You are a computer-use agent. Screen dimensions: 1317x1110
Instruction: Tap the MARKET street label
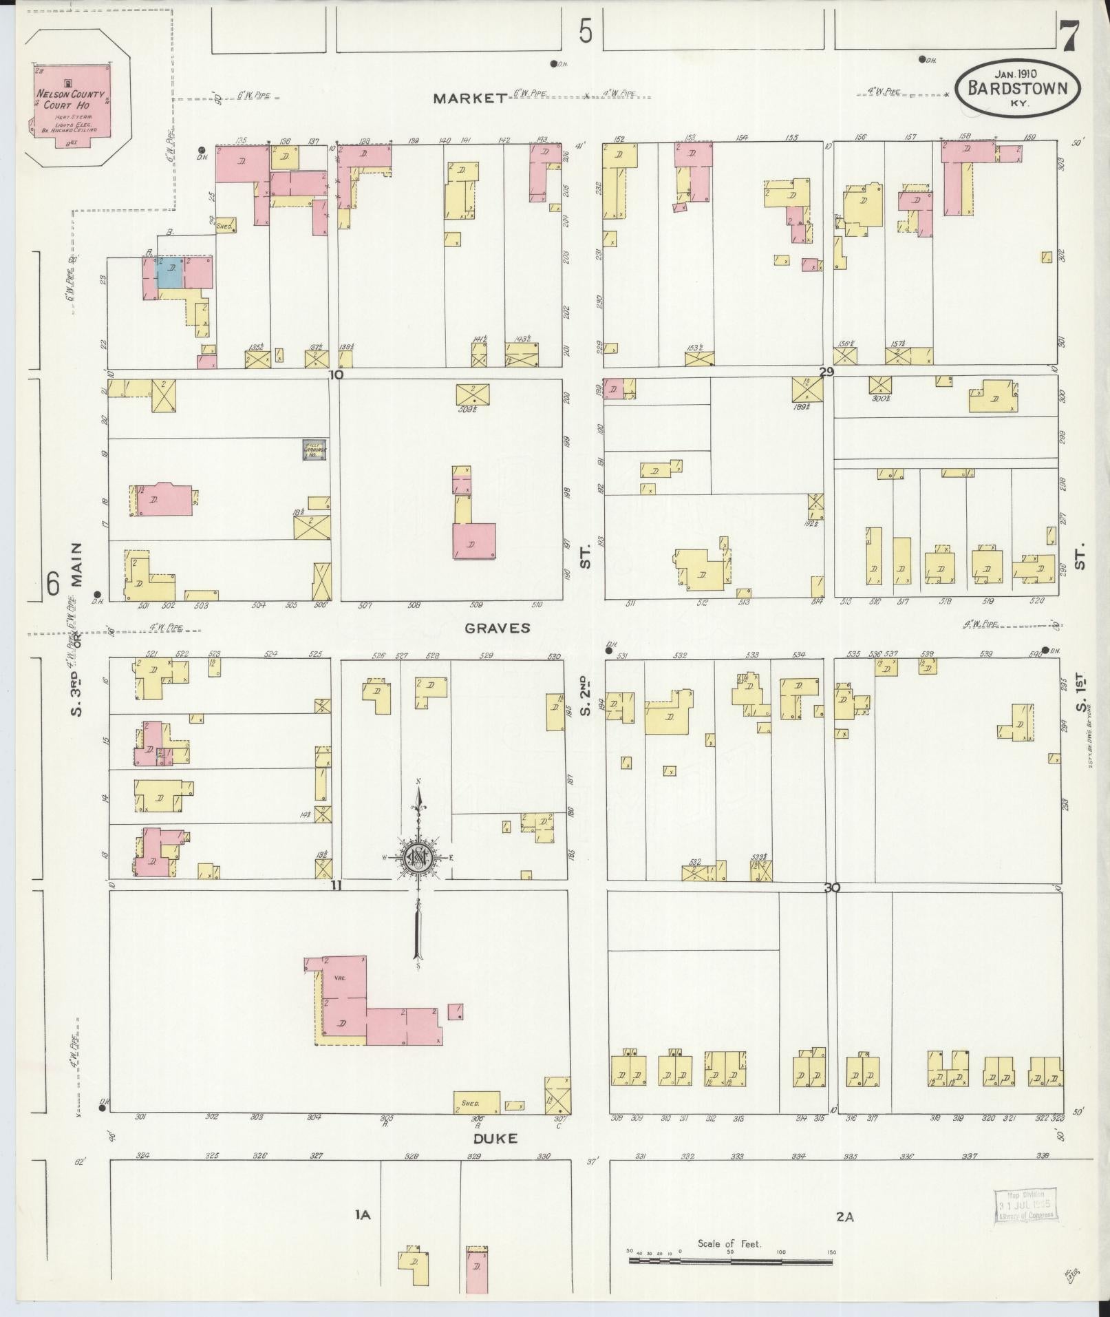pyautogui.click(x=469, y=98)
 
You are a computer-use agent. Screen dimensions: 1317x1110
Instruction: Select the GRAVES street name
pyautogui.click(x=498, y=627)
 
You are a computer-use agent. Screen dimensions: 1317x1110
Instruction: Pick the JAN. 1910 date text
pyautogui.click(x=1016, y=72)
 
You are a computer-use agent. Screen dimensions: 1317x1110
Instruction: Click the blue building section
pyautogui.click(x=170, y=273)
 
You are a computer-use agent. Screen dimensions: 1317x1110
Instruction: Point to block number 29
pyautogui.click(x=826, y=372)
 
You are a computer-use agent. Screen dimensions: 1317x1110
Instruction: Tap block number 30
pyautogui.click(x=832, y=888)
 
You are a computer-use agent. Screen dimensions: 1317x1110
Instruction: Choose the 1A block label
pyautogui.click(x=363, y=1215)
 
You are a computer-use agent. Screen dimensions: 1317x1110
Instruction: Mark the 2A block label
pyautogui.click(x=845, y=1216)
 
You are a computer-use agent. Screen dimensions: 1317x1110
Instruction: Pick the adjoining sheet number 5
pyautogui.click(x=585, y=31)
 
